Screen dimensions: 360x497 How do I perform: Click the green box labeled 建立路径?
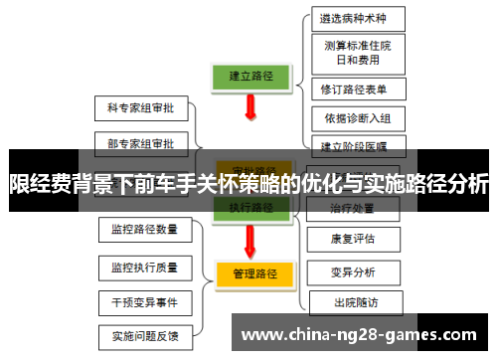click(251, 76)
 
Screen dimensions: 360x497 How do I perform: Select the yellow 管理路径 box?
click(252, 272)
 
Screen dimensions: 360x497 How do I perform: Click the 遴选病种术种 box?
click(352, 19)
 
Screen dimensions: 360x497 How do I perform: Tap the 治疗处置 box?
click(353, 209)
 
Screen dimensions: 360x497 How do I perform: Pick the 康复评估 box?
click(353, 239)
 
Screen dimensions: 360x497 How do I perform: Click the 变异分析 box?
click(353, 271)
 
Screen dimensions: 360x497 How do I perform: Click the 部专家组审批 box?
click(140, 143)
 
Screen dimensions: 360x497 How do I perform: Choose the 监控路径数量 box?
click(145, 230)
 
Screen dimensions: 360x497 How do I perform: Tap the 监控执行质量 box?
click(145, 267)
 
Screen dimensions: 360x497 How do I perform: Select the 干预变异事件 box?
click(145, 301)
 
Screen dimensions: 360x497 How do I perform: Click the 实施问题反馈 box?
click(145, 335)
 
